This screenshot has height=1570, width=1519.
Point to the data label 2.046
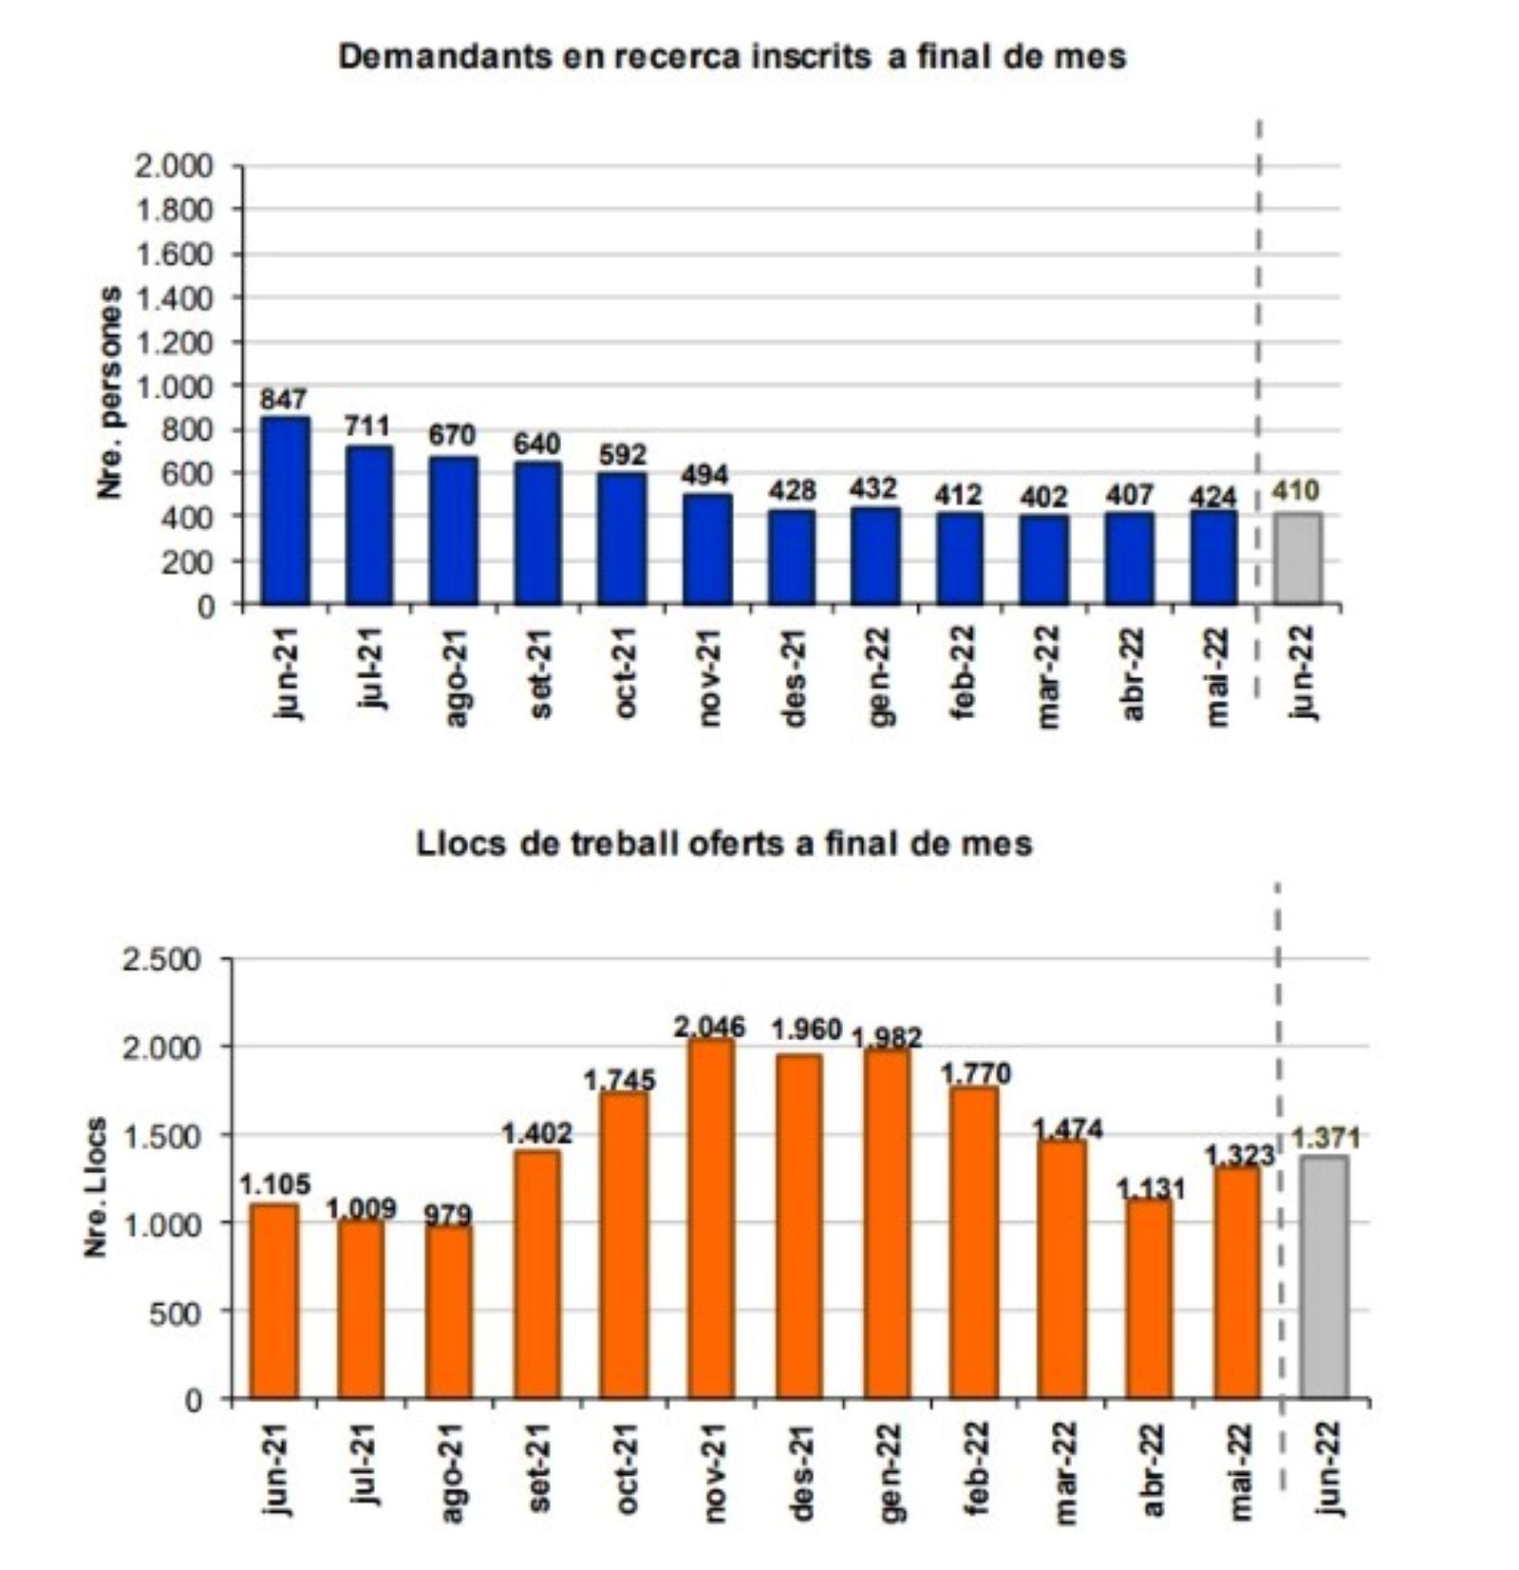[710, 1026]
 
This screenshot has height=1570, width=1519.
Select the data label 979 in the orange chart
[448, 1215]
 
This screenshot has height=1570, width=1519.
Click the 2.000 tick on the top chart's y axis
[176, 166]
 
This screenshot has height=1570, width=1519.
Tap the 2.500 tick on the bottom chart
[162, 959]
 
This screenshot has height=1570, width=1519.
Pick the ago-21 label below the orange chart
[453, 1472]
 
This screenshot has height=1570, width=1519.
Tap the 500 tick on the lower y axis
[179, 1312]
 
